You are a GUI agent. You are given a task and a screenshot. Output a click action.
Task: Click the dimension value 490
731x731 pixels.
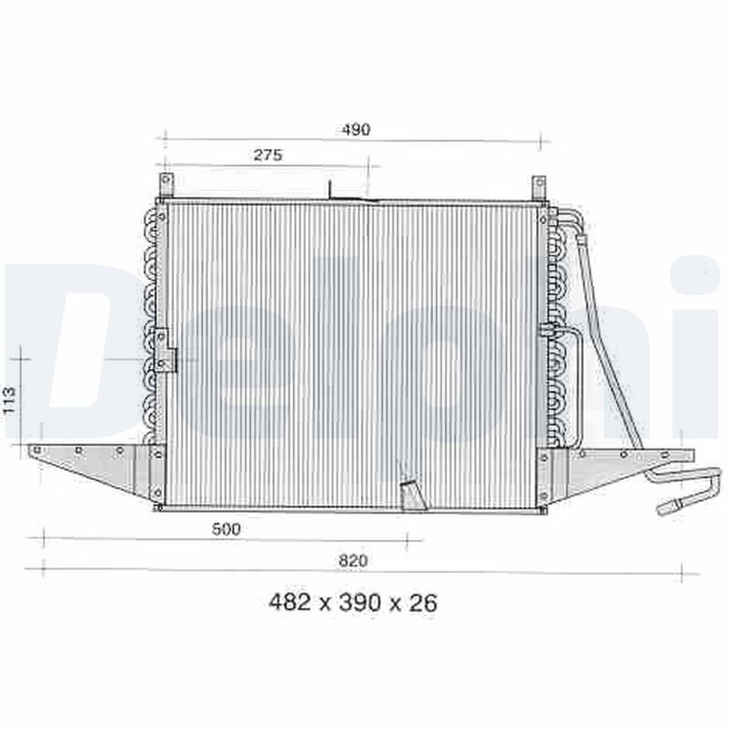[356, 130]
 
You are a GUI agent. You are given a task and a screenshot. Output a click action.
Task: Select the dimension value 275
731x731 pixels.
[268, 155]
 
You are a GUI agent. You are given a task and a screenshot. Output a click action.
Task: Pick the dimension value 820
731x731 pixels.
[353, 560]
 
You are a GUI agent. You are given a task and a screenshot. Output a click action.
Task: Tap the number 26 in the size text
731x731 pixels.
[423, 603]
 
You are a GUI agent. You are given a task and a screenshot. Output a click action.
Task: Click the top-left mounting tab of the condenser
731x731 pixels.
[165, 185]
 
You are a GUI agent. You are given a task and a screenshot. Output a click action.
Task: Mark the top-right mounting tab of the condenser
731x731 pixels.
[538, 187]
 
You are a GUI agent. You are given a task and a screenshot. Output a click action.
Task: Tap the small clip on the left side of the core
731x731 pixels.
[164, 349]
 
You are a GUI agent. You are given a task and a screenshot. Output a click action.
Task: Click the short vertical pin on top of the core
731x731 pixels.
[330, 188]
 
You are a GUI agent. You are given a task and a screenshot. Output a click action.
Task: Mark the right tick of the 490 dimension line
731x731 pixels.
[541, 142]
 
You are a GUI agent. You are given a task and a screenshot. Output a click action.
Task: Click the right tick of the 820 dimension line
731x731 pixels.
[682, 573]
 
